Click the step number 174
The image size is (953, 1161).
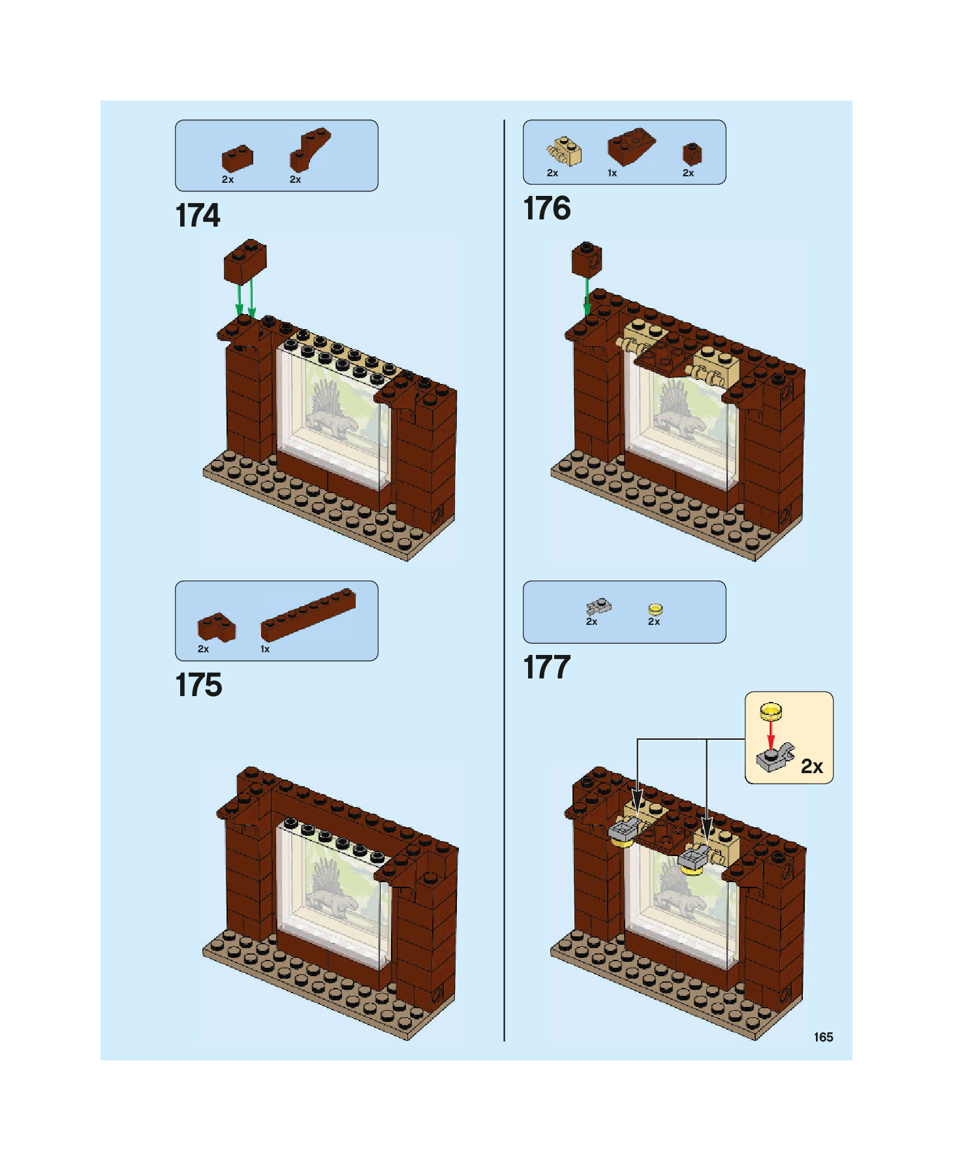[x=198, y=215]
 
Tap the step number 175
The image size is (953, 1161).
[x=198, y=685]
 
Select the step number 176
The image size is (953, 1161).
[x=546, y=209]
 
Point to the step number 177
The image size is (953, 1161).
[x=546, y=667]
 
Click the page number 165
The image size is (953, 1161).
[x=823, y=1037]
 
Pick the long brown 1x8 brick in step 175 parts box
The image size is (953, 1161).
[x=308, y=614]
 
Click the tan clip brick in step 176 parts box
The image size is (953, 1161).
[x=565, y=151]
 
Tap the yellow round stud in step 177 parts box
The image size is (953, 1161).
[x=655, y=609]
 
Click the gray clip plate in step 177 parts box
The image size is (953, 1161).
[x=598, y=607]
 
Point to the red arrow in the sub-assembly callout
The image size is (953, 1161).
[x=771, y=735]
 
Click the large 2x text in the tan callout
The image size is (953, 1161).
[x=811, y=766]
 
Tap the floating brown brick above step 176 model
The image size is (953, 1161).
[x=587, y=259]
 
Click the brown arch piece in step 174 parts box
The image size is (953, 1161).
[x=309, y=150]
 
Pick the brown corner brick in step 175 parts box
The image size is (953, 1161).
[x=216, y=628]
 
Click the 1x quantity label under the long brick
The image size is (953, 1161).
[x=265, y=649]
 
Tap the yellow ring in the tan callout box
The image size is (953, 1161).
[x=771, y=710]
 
